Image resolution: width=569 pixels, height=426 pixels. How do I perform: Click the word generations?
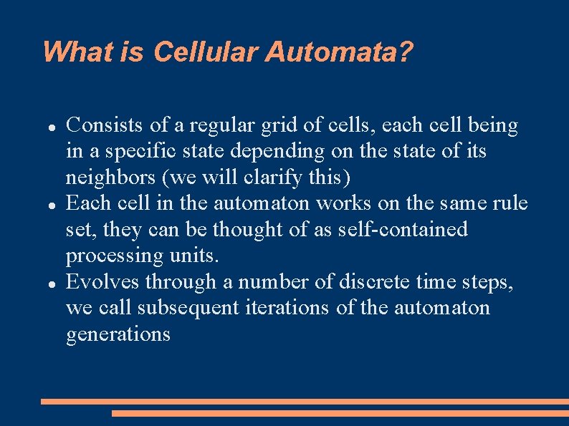click(118, 334)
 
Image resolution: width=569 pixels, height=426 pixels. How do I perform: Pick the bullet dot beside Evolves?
click(52, 283)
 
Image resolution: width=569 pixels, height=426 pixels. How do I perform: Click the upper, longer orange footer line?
click(305, 402)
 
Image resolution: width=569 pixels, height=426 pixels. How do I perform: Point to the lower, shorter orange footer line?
click(340, 413)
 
